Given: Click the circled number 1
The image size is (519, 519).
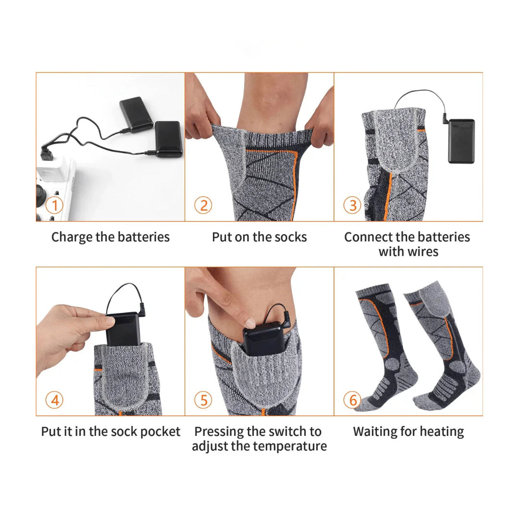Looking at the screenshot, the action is tap(55, 205).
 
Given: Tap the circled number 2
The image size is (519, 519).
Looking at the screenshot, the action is tap(203, 205).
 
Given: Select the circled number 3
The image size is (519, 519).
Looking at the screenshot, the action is tap(352, 205).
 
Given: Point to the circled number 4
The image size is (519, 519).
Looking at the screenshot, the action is tap(55, 400).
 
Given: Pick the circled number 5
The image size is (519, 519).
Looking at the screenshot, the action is tap(203, 400).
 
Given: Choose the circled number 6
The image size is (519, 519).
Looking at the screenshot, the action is tap(352, 400).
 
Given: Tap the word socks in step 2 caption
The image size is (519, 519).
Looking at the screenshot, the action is tap(291, 237).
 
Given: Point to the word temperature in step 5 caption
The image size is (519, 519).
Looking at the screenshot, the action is tap(288, 446).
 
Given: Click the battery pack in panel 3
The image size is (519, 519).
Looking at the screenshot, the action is tap(461, 141).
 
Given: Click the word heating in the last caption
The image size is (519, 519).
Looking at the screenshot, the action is tap(442, 432).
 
